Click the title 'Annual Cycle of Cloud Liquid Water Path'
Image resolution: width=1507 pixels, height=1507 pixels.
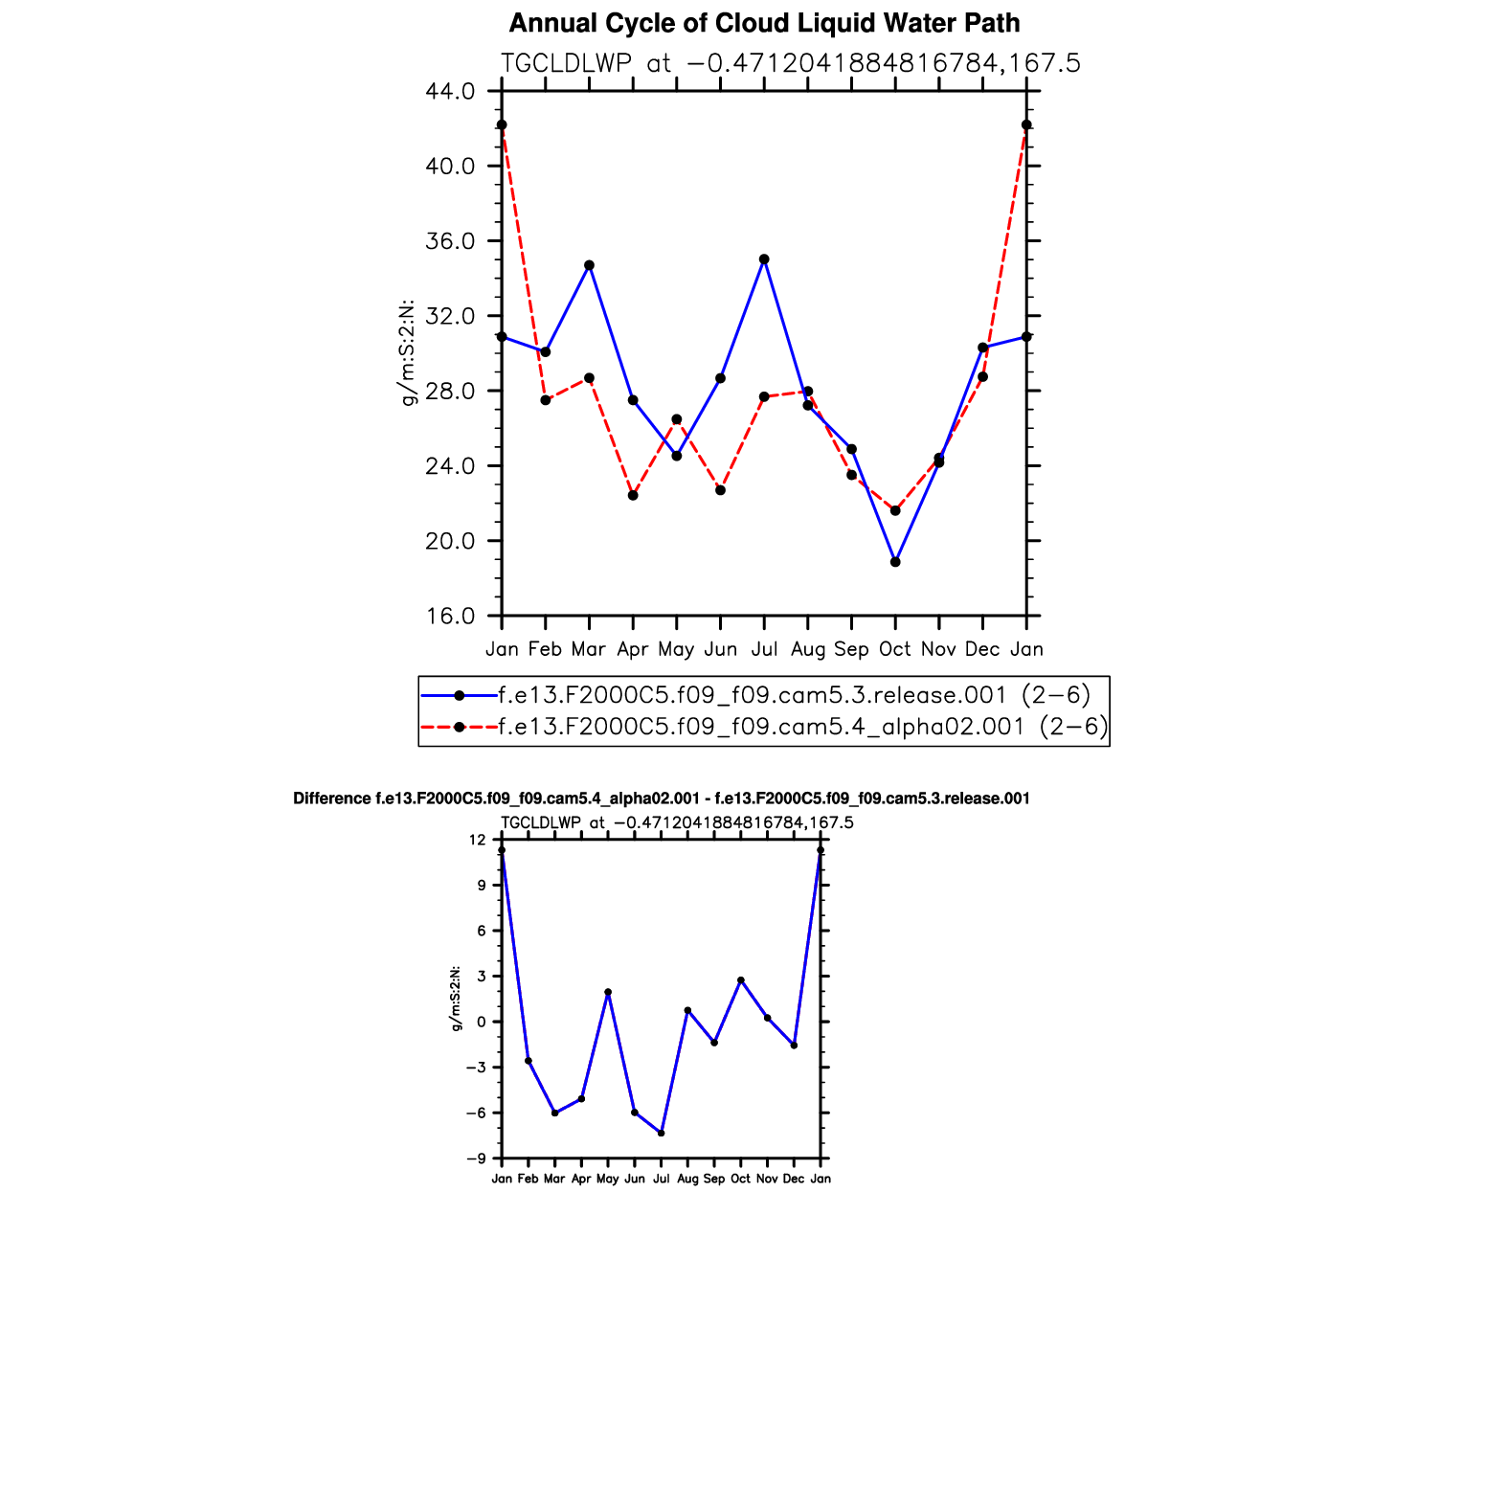point(764,23)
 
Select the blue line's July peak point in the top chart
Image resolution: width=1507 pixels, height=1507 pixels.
point(764,259)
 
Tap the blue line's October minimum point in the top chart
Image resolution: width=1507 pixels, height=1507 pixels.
point(895,562)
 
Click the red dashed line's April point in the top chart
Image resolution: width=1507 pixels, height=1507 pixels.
point(633,495)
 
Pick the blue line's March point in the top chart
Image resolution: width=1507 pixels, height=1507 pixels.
point(589,265)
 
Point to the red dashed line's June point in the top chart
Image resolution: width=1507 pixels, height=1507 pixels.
point(721,490)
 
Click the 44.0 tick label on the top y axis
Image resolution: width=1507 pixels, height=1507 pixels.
point(449,92)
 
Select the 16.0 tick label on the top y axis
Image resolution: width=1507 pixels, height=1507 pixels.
point(449,617)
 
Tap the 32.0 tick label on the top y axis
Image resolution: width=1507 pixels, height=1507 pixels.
point(449,317)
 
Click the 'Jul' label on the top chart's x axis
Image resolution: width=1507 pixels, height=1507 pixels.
point(764,649)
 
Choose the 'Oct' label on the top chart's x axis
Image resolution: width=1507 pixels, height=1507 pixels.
point(895,649)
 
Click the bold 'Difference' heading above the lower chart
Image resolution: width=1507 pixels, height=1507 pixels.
point(331,798)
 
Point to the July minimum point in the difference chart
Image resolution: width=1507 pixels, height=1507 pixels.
point(661,1133)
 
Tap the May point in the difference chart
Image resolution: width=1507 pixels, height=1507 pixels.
point(608,992)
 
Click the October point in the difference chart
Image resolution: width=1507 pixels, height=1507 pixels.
point(740,980)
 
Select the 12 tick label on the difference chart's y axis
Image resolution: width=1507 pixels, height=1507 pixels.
point(478,841)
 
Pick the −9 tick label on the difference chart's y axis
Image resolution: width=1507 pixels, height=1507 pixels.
point(476,1159)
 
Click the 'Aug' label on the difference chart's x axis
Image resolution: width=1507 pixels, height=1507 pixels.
point(687,1180)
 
